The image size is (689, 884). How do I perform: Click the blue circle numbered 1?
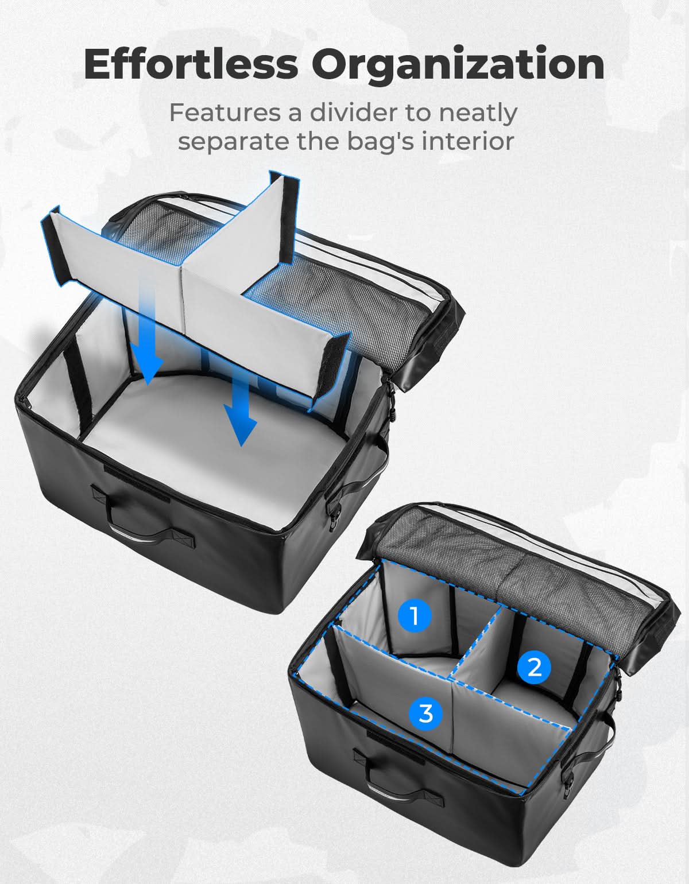coord(414,616)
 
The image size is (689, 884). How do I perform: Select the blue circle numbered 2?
coord(534,668)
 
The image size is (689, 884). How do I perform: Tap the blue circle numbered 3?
coord(425,714)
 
